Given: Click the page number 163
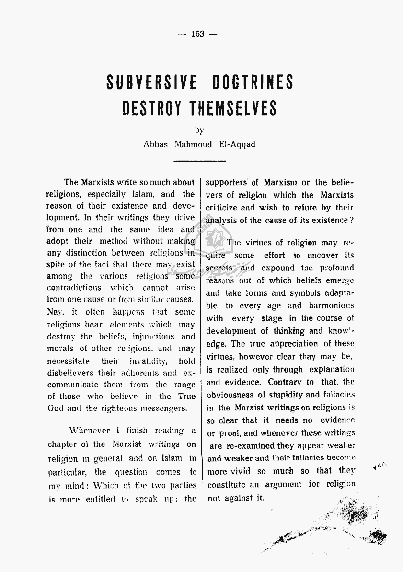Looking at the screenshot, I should (197, 34).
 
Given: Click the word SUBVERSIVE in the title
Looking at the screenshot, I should (151, 82).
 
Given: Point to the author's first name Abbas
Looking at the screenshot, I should (156, 144).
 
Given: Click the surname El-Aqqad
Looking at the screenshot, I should (237, 144).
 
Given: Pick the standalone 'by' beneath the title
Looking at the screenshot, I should (199, 130).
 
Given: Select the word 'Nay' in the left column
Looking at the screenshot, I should (55, 312).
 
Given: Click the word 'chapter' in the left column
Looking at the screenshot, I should (62, 444).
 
